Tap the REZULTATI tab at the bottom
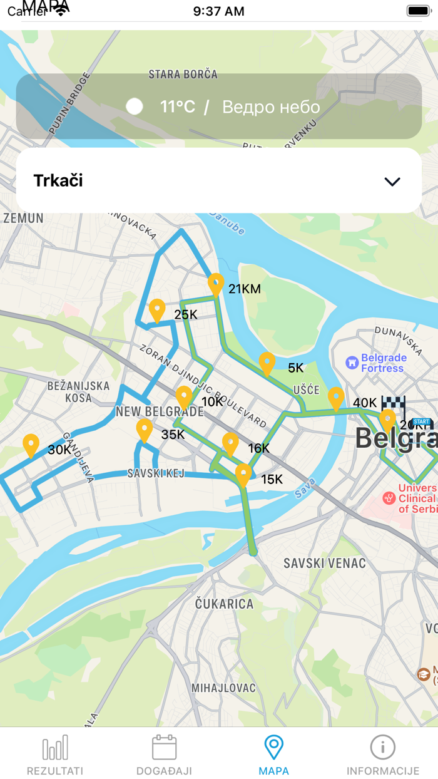[55, 755]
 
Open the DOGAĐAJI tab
[164, 755]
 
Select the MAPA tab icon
[273, 748]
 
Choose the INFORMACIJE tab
[383, 755]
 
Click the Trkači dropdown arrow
[392, 182]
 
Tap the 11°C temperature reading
[178, 106]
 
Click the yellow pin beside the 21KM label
[216, 284]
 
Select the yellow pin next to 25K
[157, 310]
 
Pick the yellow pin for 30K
[31, 445]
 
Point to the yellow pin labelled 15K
[243, 475]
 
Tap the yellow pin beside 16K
[230, 443]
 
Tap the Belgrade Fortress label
[383, 363]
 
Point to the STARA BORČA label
[183, 75]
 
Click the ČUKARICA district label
[224, 604]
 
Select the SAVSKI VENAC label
[324, 564]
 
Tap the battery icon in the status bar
[418, 11]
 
